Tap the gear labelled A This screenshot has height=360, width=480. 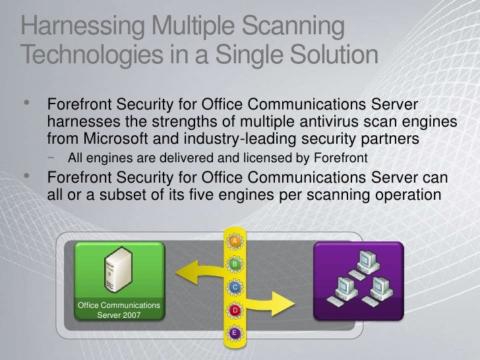coord(234,242)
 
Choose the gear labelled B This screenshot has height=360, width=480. coord(234,264)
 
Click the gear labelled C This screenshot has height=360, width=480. coord(234,287)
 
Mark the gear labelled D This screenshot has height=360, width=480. coord(234,310)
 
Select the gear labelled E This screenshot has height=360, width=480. coord(234,333)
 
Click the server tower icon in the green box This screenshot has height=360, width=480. coord(116,271)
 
